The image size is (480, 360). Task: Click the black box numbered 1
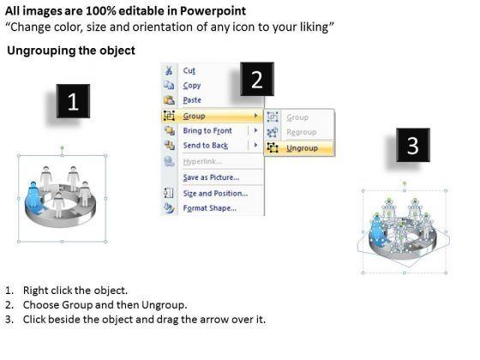pos(73,101)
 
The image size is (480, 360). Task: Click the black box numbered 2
pos(257,79)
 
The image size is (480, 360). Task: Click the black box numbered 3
pos(413,145)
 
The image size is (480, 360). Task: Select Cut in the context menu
pos(189,70)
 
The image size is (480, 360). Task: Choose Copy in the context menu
pos(192,86)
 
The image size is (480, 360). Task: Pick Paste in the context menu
pos(192,100)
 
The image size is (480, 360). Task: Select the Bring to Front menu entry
pos(207,130)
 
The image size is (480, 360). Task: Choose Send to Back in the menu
pos(206,146)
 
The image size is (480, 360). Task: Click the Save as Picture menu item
pos(211,177)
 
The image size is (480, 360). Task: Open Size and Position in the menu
pos(215,194)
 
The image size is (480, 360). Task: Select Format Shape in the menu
pos(210,208)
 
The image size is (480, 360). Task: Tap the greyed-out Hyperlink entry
pos(202,161)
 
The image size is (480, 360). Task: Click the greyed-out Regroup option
pos(301,132)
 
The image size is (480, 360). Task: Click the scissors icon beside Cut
pos(169,70)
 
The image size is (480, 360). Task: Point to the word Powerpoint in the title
pos(213,11)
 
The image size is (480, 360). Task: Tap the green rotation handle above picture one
pos(62,147)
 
